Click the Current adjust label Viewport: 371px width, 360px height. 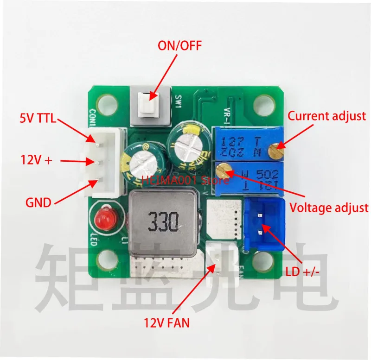point(326,116)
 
